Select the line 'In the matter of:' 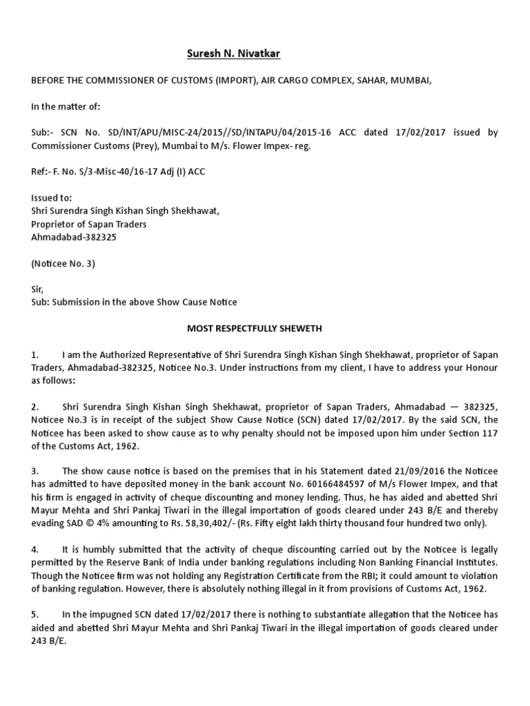[x=66, y=106]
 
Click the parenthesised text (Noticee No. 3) [x=63, y=263]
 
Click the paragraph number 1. [x=35, y=354]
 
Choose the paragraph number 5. [x=35, y=614]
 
